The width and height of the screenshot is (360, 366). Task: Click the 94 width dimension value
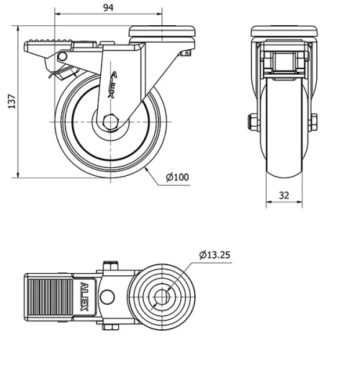click(x=108, y=8)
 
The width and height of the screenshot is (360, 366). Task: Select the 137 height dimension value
click(x=11, y=103)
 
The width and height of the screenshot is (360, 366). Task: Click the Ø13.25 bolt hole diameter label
click(x=215, y=254)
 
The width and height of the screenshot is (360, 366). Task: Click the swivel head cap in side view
click(x=163, y=31)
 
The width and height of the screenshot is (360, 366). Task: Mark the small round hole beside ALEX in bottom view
click(x=108, y=297)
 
